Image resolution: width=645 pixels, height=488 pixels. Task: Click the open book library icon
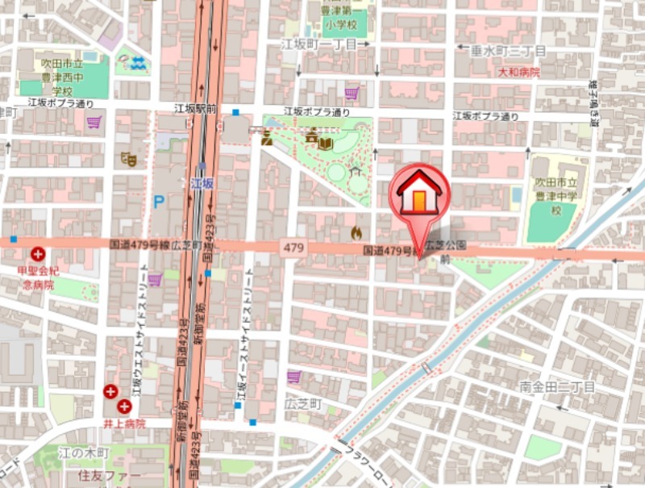click(x=325, y=143)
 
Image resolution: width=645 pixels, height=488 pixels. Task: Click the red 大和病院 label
click(x=518, y=72)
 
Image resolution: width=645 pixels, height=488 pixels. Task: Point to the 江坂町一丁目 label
click(x=318, y=44)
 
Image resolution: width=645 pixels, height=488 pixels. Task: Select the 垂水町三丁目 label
click(x=508, y=51)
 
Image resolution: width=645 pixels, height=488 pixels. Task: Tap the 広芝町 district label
click(x=303, y=402)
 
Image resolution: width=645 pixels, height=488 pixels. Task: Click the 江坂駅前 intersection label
click(x=196, y=108)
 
